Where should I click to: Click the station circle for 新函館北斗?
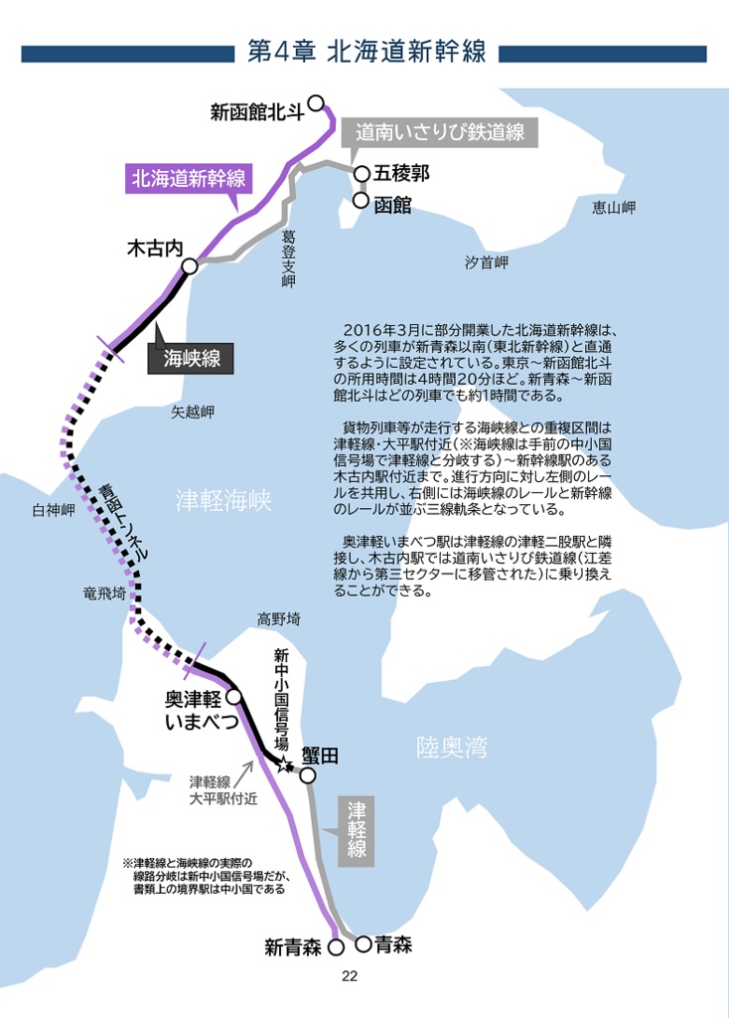(316, 102)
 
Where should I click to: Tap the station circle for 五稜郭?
(362, 174)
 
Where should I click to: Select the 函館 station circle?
(362, 201)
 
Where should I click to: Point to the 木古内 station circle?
(190, 265)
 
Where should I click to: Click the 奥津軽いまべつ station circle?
(234, 696)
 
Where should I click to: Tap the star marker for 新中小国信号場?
(285, 765)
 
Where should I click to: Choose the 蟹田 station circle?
(308, 775)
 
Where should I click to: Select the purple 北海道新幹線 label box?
(188, 179)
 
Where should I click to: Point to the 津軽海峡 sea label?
(223, 500)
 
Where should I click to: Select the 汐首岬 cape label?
(487, 262)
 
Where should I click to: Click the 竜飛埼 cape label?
(104, 594)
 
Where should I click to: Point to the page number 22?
(349, 975)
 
